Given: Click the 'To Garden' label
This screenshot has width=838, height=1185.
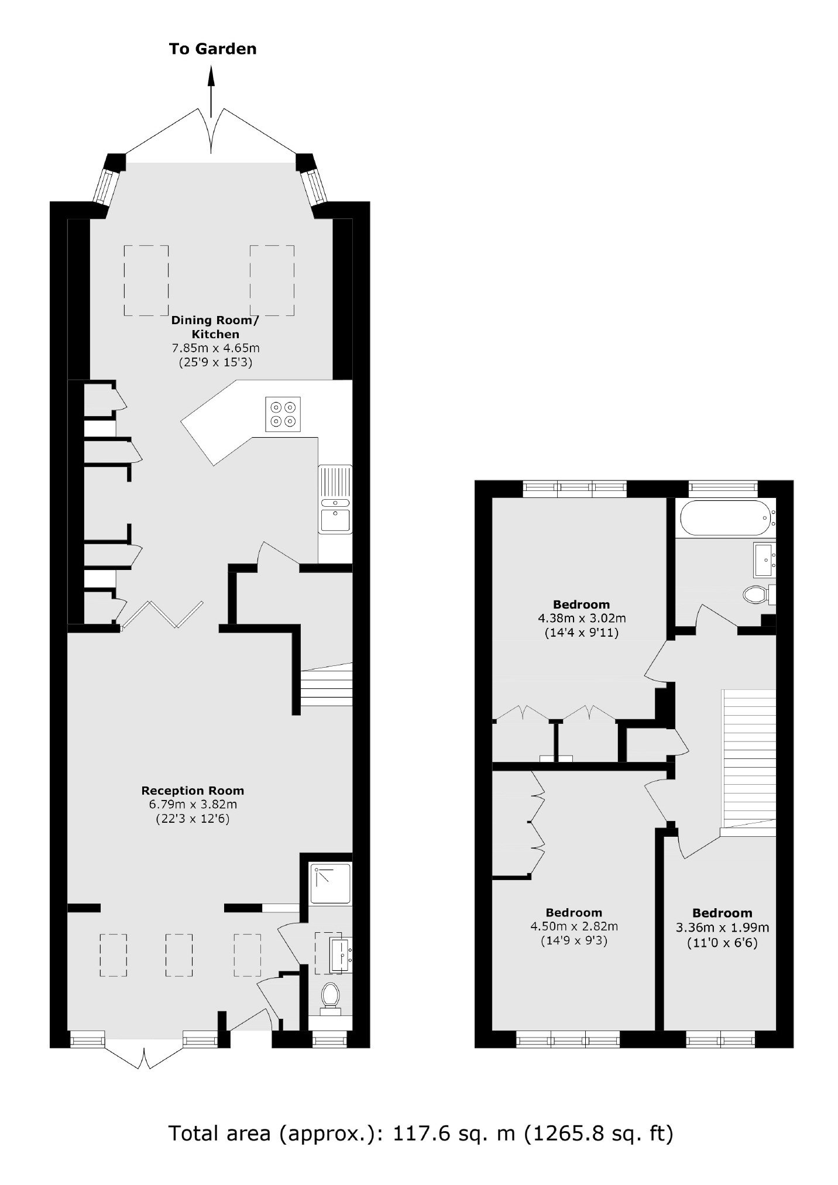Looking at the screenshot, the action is point(212,49).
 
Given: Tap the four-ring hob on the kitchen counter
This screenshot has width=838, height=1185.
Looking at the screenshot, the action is point(283,414).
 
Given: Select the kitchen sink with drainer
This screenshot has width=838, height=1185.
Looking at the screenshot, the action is point(335,499).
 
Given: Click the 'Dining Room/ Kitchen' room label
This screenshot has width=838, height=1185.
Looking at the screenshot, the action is point(215,328).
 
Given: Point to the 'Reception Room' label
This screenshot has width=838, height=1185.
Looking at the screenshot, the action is point(193,791).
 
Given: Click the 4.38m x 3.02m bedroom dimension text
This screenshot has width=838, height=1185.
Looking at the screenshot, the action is point(582,618).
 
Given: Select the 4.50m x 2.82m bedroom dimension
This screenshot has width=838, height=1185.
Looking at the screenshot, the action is point(574,926).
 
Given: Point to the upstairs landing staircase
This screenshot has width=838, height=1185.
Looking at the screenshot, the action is point(750,759).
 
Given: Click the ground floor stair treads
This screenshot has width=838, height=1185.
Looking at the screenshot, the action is point(327,688).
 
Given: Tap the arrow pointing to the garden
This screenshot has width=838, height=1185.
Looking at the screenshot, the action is point(212,91).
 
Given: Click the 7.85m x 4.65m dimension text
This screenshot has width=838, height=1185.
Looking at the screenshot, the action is point(215,348).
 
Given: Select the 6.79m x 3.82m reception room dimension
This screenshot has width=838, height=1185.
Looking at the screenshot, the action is point(193,805).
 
